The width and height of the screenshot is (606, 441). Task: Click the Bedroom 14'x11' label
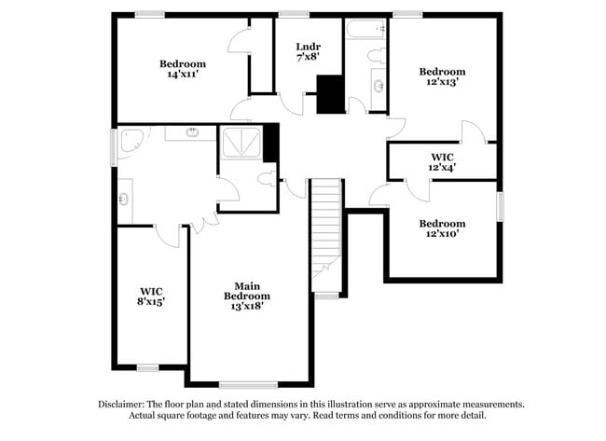click(x=183, y=69)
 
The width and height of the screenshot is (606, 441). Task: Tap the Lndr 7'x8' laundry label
click(x=308, y=51)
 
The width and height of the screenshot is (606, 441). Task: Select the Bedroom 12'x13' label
click(x=442, y=76)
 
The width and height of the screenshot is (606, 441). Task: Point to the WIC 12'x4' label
click(x=442, y=161)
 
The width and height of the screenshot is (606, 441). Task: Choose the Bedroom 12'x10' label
click(x=442, y=228)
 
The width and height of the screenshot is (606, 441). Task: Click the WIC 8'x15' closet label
click(x=151, y=296)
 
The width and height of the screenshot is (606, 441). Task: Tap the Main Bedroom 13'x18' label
click(x=247, y=296)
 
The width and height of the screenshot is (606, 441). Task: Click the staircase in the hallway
click(x=325, y=228)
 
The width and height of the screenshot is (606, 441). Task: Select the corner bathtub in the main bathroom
click(x=132, y=141)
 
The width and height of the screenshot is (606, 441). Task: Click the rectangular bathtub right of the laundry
click(x=365, y=29)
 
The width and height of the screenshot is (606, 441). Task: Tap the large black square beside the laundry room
click(x=330, y=94)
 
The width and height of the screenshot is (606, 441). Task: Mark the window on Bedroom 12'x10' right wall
click(x=500, y=206)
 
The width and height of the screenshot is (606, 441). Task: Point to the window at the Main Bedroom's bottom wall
click(x=248, y=384)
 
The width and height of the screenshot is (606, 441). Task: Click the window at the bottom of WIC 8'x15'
click(x=147, y=367)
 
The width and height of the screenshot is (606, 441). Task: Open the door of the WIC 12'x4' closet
click(x=417, y=189)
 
